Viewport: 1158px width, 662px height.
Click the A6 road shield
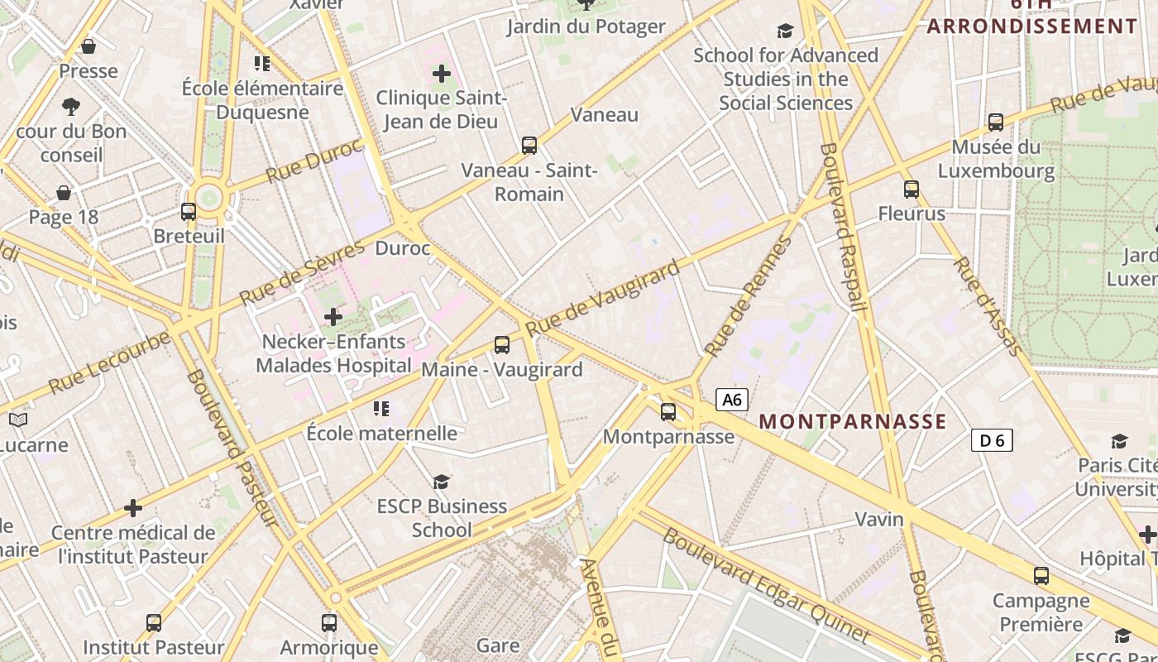pos(732,401)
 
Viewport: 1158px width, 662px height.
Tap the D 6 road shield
pos(991,441)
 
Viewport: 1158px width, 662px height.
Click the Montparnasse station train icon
pos(668,411)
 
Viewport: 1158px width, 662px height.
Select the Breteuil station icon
pos(189,212)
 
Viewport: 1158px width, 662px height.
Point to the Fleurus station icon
pos(912,189)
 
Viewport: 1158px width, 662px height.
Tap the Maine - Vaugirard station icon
pos(502,345)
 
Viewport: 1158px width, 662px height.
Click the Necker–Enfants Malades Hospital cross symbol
pos(333,317)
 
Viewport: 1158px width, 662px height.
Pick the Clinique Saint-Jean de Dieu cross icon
pos(442,74)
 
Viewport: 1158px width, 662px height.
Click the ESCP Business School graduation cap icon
pos(442,482)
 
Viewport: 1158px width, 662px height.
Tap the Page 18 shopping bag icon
pos(64,194)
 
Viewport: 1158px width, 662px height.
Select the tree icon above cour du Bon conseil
pos(71,106)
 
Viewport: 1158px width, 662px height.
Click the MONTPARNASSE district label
pos(853,421)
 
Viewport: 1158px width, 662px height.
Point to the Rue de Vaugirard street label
pos(604,297)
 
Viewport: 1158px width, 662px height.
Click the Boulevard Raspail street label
pos(844,228)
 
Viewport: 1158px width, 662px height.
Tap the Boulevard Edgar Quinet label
pos(765,584)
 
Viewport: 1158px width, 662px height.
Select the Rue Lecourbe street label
pos(109,362)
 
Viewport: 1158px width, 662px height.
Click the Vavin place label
pos(879,520)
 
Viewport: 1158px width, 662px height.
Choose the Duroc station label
pos(403,248)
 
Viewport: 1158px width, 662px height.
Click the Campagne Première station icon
pos(1041,576)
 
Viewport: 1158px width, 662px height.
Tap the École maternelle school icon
pos(381,409)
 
